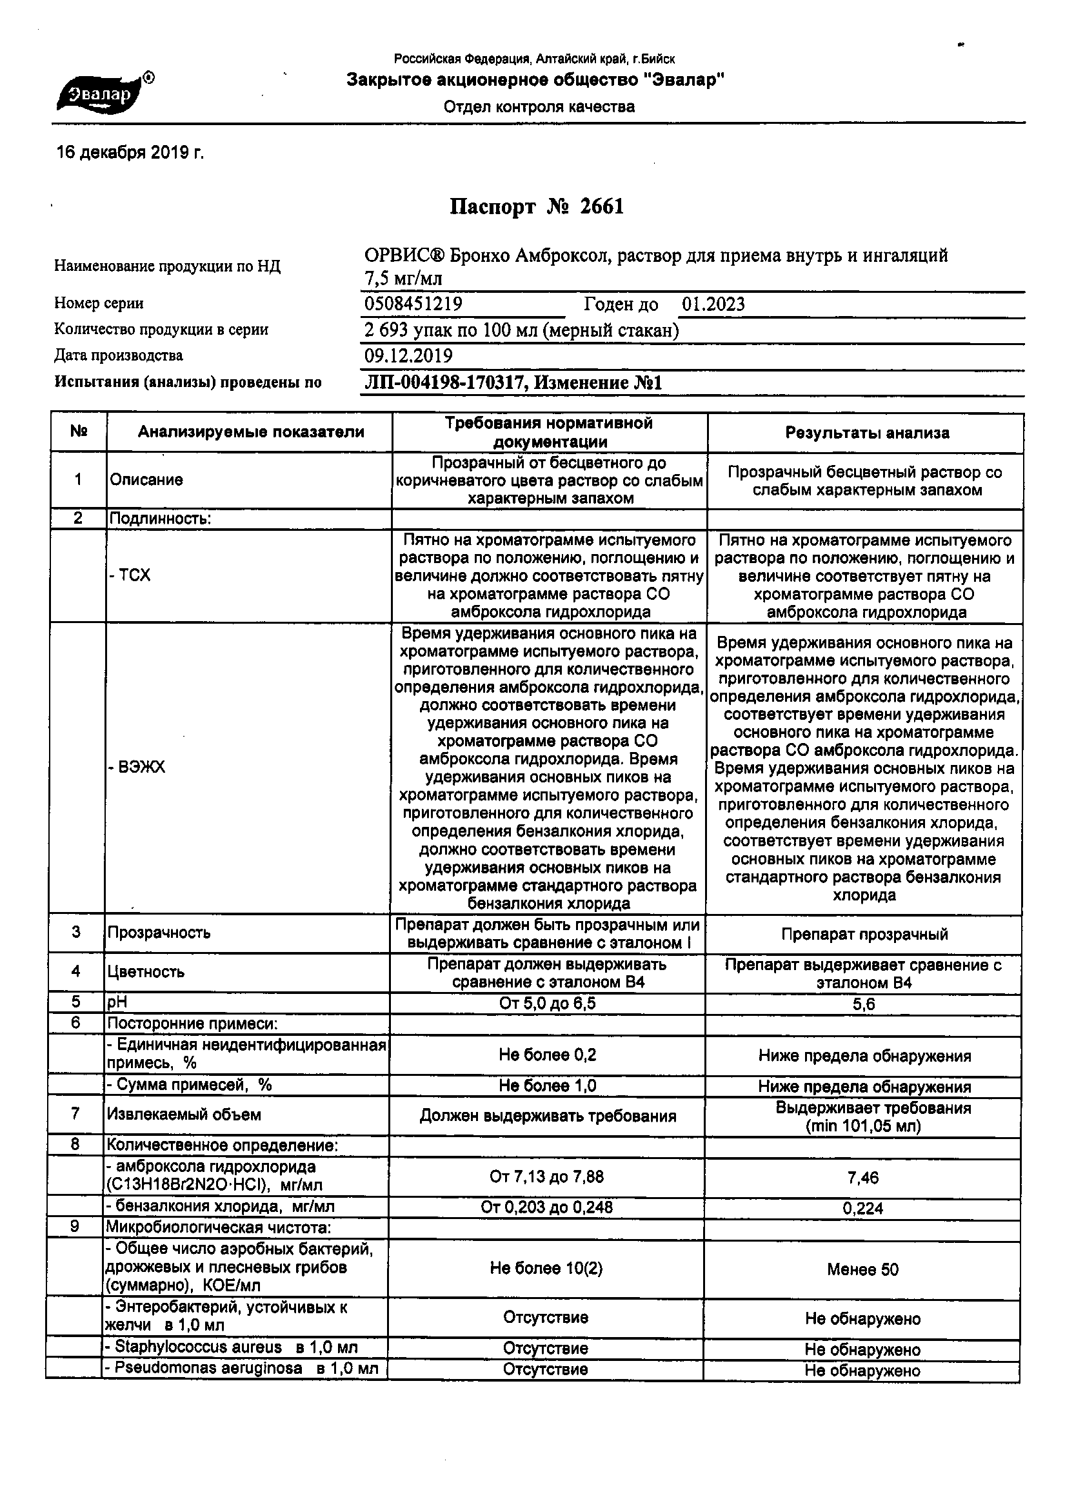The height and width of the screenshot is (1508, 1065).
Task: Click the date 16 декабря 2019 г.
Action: (130, 153)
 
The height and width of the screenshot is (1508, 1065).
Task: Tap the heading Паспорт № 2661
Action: (536, 208)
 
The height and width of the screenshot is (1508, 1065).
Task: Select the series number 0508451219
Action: (413, 304)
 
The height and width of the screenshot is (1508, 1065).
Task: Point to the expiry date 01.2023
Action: (713, 304)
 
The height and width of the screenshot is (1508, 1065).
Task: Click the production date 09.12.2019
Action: (408, 356)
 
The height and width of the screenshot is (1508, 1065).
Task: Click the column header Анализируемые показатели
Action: (250, 432)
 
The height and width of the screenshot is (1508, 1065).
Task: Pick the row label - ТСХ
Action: (130, 575)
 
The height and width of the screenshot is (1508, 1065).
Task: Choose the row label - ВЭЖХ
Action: (137, 767)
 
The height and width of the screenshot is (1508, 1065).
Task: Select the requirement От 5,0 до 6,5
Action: (547, 1003)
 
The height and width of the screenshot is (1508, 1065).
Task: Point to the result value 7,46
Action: (863, 1178)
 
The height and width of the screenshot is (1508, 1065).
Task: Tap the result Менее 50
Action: (862, 1269)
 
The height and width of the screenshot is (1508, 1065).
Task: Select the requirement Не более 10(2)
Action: (546, 1268)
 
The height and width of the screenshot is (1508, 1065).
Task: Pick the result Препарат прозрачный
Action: (864, 934)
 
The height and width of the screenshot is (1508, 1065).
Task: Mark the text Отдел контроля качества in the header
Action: (539, 107)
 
